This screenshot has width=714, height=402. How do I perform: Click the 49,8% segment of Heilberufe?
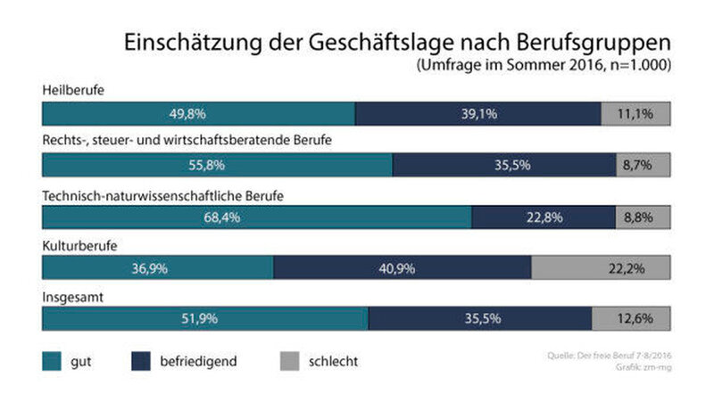(x=198, y=114)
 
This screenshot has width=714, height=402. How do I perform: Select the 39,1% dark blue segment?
(x=477, y=114)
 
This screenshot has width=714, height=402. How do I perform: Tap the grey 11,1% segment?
(x=635, y=114)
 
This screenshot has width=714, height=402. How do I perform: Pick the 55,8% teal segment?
(x=217, y=165)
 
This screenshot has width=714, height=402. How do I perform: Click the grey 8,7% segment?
(x=643, y=165)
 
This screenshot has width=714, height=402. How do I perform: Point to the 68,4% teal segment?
(x=256, y=217)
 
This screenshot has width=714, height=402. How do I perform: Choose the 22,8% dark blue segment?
(x=543, y=217)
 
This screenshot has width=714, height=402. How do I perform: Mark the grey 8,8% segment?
(x=643, y=217)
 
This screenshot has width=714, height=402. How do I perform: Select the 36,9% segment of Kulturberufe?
(x=157, y=267)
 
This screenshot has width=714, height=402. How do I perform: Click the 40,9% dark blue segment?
(x=402, y=267)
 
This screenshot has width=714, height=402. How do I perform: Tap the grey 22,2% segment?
(x=601, y=267)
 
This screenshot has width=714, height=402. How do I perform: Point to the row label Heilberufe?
(x=73, y=90)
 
